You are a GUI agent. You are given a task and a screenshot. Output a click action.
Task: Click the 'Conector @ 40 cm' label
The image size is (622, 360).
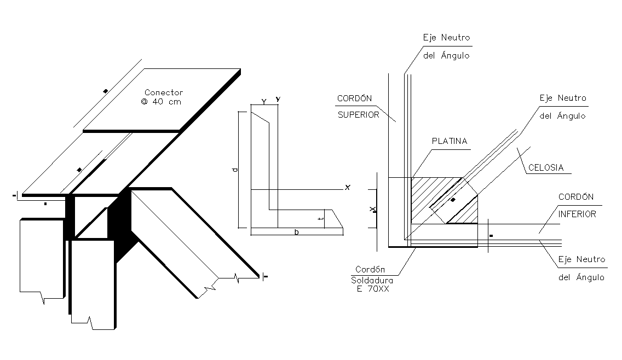click(164, 97)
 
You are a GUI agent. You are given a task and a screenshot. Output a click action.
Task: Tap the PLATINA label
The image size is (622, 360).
click(449, 141)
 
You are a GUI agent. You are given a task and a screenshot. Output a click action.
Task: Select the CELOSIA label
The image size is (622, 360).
click(545, 168)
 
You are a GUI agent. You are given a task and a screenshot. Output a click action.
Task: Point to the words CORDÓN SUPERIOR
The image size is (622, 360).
click(358, 107)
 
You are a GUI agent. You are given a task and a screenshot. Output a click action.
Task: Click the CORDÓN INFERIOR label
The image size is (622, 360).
click(577, 205)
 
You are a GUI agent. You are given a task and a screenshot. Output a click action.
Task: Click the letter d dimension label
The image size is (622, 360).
click(235, 170)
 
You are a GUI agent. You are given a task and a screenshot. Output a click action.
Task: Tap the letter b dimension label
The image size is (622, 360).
click(296, 233)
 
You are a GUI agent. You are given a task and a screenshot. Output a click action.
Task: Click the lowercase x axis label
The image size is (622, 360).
click(347, 188)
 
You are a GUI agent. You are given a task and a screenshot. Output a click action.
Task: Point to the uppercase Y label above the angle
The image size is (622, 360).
click(264, 102)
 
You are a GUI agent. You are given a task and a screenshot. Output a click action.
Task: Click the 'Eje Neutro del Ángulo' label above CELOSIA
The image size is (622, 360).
click(562, 107)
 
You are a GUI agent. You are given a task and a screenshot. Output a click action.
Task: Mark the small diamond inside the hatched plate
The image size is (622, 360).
click(453, 200)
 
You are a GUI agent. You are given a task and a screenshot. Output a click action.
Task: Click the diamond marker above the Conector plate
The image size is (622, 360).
click(105, 90)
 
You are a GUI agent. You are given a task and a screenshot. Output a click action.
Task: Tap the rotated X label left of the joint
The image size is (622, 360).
click(372, 209)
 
